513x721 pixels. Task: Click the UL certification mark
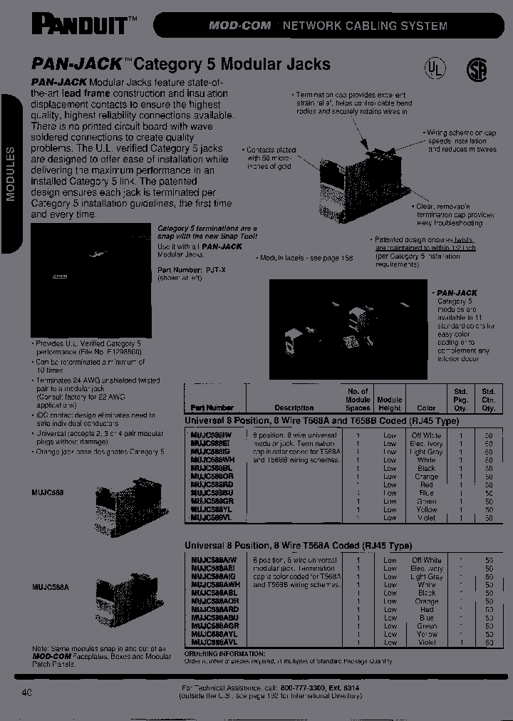[x=434, y=68]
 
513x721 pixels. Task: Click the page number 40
[x=28, y=692]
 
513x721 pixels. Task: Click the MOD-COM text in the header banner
[x=240, y=26]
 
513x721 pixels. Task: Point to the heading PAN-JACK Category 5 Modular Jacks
[x=182, y=64]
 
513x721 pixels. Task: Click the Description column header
[x=294, y=408]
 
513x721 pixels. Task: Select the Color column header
[x=426, y=408]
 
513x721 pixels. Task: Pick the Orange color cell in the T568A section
[x=426, y=601]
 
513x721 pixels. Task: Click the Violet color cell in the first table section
[x=426, y=518]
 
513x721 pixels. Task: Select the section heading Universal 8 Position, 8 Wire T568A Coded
[x=298, y=546]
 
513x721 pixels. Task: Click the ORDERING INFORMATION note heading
[x=224, y=653]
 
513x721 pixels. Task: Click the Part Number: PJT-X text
[x=182, y=270]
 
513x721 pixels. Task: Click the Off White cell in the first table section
[x=426, y=435]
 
